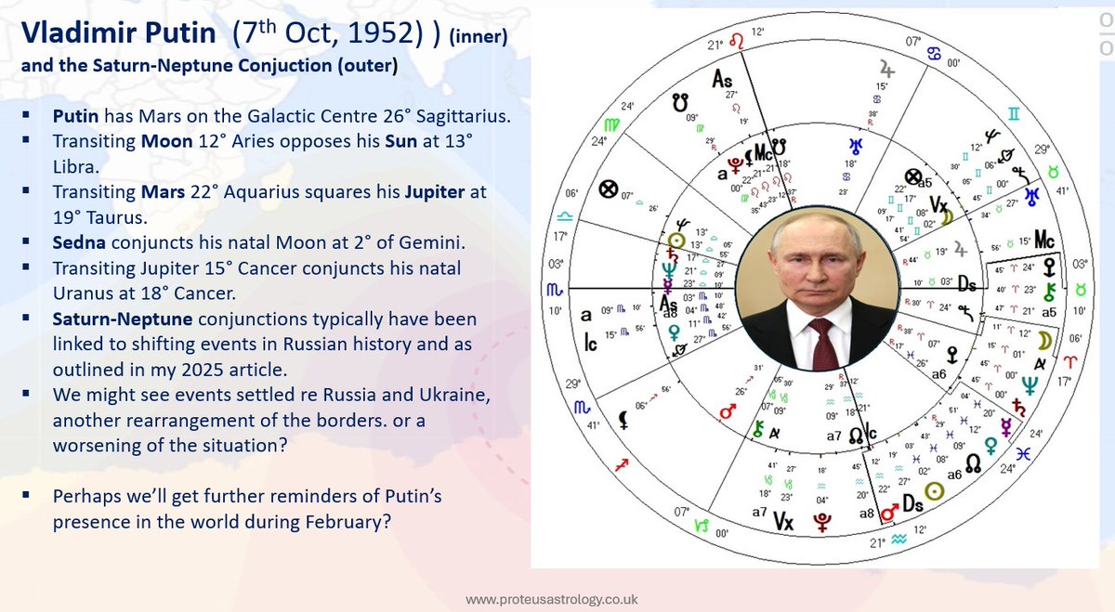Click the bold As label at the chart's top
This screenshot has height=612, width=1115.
[722, 81]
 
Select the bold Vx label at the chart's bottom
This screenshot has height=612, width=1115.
[783, 522]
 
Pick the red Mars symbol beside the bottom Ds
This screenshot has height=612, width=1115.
[890, 511]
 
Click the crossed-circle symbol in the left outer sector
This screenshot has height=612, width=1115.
[608, 190]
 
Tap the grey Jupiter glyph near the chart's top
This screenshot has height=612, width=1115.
[885, 70]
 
